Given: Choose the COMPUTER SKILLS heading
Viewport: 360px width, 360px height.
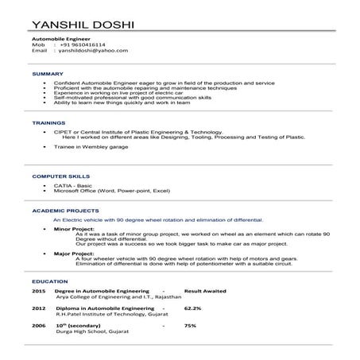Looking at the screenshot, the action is (55, 175).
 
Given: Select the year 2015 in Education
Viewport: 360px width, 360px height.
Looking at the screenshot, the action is (38, 292).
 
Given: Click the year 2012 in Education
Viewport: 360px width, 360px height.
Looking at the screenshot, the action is (38, 308).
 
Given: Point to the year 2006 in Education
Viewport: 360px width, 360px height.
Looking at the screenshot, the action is (38, 325).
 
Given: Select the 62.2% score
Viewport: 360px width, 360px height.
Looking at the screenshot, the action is (192, 308).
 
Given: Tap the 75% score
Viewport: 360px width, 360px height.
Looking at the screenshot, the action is (190, 325).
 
